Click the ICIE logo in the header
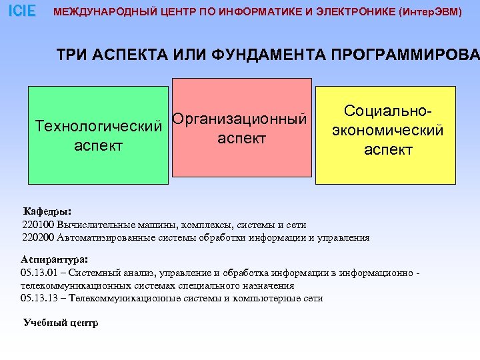(x=22, y=11)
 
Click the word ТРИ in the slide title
(x=71, y=54)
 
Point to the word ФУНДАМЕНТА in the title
(x=263, y=54)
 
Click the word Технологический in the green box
(x=99, y=126)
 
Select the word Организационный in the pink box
(x=242, y=120)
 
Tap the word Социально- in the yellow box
(x=387, y=112)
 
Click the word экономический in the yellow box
(x=387, y=131)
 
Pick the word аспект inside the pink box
(x=241, y=139)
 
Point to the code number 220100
(x=38, y=225)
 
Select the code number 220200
(x=38, y=237)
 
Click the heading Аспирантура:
(x=55, y=259)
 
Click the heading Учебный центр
(x=61, y=323)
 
